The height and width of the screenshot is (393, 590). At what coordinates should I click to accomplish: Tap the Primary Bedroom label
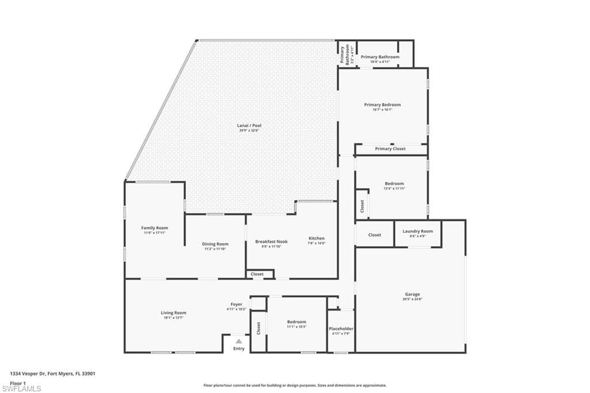pos(382,105)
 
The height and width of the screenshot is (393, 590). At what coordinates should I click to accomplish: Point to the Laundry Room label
pos(418,231)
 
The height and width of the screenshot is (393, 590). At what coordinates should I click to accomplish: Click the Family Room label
pos(154,228)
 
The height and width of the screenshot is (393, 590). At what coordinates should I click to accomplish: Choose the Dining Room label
pos(215,244)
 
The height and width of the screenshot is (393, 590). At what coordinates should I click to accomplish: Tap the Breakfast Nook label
pos(271,241)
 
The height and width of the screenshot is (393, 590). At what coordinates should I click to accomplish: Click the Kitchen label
pos(316,238)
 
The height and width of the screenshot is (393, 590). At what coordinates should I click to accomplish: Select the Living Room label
pos(173,313)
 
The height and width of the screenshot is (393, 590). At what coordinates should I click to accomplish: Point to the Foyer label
pos(237,304)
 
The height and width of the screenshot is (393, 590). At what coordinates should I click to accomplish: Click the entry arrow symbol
pos(239,341)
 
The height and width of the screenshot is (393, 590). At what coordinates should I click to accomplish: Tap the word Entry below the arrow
pos(239,349)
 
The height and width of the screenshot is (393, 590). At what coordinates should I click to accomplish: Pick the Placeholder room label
pos(341,328)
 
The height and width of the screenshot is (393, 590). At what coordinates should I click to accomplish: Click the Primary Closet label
pos(390,149)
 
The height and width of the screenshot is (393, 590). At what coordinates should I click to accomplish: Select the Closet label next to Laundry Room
pos(375,235)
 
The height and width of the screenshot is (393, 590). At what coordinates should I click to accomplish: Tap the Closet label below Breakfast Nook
pos(258,274)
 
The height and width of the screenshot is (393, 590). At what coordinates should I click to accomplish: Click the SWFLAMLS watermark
pos(21,388)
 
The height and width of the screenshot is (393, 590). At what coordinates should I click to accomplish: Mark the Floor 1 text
pos(18,383)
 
